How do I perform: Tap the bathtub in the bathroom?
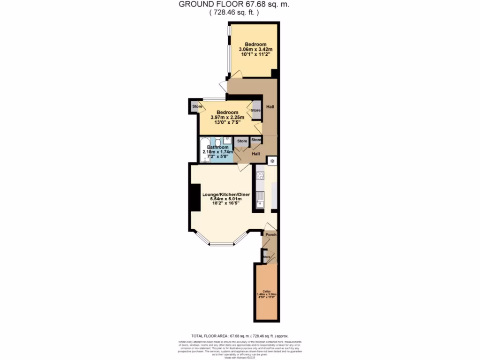pos(204,150)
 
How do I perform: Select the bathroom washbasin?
pos(227,140)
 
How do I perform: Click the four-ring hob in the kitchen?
pos(261,176)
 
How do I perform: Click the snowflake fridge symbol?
pos(271,161)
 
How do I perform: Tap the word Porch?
pos(270,234)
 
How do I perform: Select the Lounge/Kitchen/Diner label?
pos(225,194)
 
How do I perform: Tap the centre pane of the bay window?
pos(221,244)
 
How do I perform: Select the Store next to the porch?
pos(267,257)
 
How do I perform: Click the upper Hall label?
pos(270,107)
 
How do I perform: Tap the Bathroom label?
pos(217,147)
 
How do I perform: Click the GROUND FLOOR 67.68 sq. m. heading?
pos(233,5)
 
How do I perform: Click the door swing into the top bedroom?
pos(237,75)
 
